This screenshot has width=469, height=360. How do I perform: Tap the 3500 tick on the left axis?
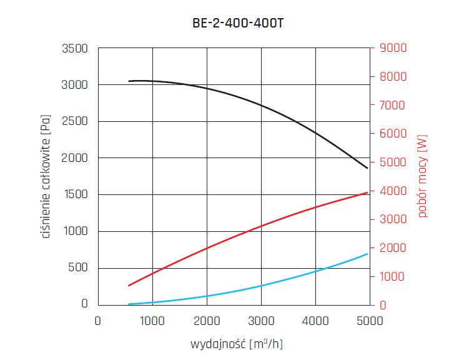(x=75, y=48)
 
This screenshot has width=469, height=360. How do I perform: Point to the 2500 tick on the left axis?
(x=75, y=121)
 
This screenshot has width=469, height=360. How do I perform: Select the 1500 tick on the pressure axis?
(x=75, y=194)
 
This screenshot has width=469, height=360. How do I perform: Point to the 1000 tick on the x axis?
(x=152, y=321)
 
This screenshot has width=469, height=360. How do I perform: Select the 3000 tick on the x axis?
(x=260, y=321)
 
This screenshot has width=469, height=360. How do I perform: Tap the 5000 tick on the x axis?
(x=369, y=321)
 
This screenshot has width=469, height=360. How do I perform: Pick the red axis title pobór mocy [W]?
(x=423, y=176)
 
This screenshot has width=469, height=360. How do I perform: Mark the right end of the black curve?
(x=368, y=168)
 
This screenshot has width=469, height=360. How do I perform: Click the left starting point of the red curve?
(x=129, y=286)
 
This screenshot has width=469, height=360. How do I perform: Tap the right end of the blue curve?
(x=368, y=254)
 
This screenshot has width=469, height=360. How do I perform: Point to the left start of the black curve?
(x=129, y=81)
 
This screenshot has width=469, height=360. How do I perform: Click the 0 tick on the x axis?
(x=97, y=321)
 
